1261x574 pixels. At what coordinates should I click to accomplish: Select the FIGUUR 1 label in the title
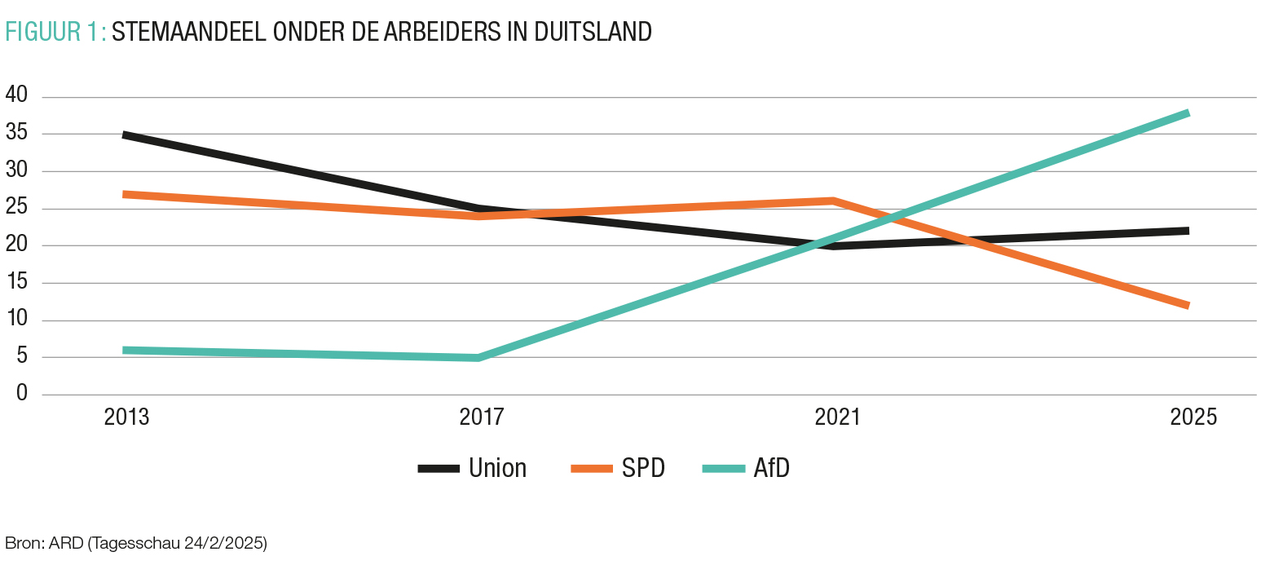[54, 32]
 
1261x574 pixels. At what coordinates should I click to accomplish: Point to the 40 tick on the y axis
[16, 96]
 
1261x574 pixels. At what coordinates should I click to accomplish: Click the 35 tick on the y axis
[16, 134]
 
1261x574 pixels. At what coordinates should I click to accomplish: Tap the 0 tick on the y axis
[22, 394]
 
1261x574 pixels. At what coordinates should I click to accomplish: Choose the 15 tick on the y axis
[16, 283]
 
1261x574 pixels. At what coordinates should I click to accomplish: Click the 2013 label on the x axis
[126, 417]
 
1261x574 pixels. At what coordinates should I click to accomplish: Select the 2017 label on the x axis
[482, 417]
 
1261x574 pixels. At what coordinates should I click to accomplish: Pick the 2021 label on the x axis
[837, 417]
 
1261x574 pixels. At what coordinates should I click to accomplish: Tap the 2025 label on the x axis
[1193, 417]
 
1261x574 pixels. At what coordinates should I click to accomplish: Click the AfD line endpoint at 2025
[1188, 113]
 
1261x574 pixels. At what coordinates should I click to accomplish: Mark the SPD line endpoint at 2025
[1188, 306]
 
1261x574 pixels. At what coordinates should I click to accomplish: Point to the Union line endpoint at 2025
[1188, 231]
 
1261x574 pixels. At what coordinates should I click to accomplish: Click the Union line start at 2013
[125, 135]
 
